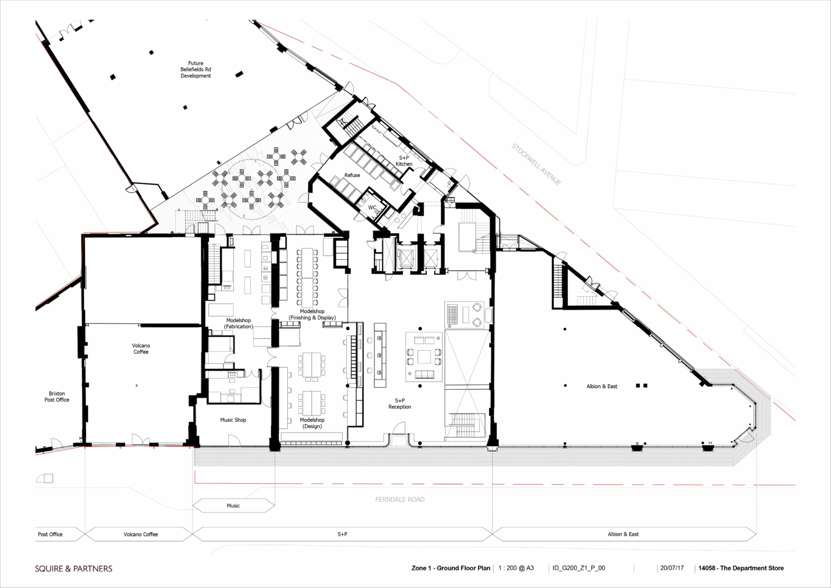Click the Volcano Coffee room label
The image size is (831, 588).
click(x=141, y=349)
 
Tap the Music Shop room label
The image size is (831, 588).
click(x=233, y=420)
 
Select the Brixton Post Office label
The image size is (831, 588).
click(x=57, y=397)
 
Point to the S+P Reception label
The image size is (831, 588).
click(x=400, y=404)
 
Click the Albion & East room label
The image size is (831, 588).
click(x=602, y=386)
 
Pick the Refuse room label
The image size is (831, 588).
click(x=352, y=175)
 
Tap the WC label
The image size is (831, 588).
click(x=372, y=207)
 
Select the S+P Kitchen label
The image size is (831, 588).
click(x=404, y=160)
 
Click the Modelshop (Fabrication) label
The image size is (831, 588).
click(x=238, y=323)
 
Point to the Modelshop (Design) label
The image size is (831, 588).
click(x=312, y=423)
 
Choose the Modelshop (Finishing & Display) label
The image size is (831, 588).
click(x=312, y=314)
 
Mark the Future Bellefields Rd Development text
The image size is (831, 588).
click(x=195, y=69)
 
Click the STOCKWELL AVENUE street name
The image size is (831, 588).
click(x=536, y=164)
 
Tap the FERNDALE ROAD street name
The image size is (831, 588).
click(x=400, y=499)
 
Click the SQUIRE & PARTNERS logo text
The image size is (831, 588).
click(x=74, y=568)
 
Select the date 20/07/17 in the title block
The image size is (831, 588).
click(x=672, y=568)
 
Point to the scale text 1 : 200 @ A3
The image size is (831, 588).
click(x=516, y=568)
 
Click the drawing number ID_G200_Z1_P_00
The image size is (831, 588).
click(x=579, y=568)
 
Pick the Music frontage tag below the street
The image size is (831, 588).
click(x=233, y=505)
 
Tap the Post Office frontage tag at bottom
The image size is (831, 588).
click(x=50, y=534)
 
